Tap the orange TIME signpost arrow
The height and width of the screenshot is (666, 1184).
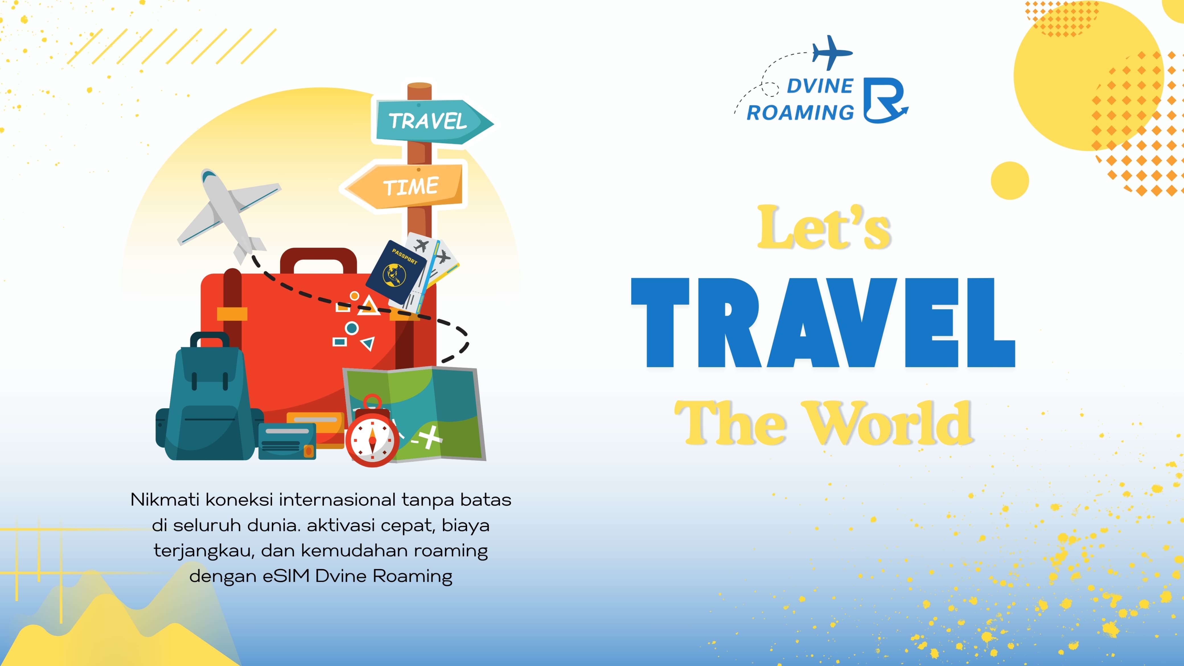(x=404, y=186)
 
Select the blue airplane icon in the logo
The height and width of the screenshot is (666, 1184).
(x=832, y=52)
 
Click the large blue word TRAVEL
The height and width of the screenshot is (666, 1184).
(x=823, y=322)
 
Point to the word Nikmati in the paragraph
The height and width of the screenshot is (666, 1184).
(x=165, y=500)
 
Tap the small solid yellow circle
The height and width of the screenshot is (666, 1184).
(x=1010, y=180)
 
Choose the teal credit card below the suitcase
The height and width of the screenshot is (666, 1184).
(x=287, y=441)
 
